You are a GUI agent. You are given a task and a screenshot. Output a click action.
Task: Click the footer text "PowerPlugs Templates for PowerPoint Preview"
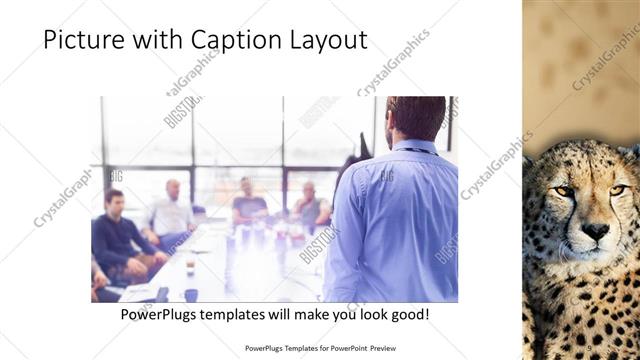[x=319, y=349]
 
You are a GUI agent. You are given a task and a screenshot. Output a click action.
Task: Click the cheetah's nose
[x=596, y=231]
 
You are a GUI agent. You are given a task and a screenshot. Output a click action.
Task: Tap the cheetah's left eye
[x=566, y=191]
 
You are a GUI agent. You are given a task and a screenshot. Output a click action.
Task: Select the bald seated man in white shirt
[x=172, y=210]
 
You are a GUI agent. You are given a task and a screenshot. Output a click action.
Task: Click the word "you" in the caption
[x=337, y=315]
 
